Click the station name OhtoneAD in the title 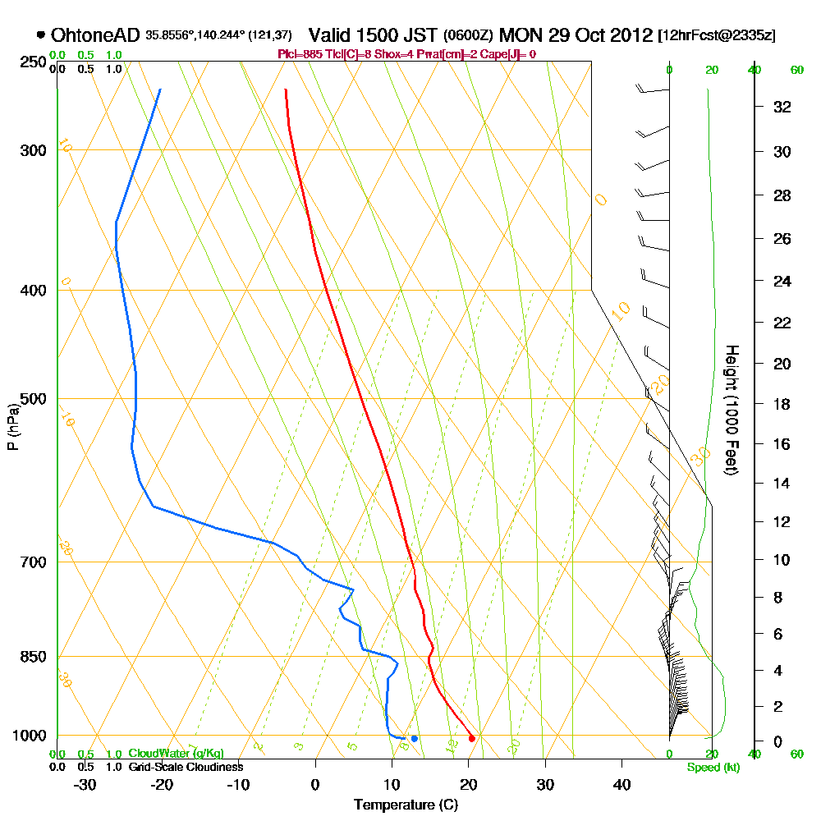[x=95, y=35]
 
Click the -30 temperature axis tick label [x=85, y=784]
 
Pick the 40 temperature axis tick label [x=621, y=784]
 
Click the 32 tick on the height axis [x=782, y=106]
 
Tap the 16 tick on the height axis [x=782, y=444]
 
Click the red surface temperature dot [x=471, y=739]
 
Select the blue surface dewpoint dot [x=415, y=739]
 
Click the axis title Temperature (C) [x=406, y=805]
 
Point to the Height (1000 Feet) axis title [x=730, y=410]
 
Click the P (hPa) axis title [x=12, y=426]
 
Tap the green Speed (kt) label [x=710, y=768]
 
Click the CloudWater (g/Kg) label [x=176, y=754]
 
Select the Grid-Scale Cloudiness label [x=185, y=767]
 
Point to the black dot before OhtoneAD [x=41, y=35]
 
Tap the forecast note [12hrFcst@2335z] [x=716, y=36]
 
